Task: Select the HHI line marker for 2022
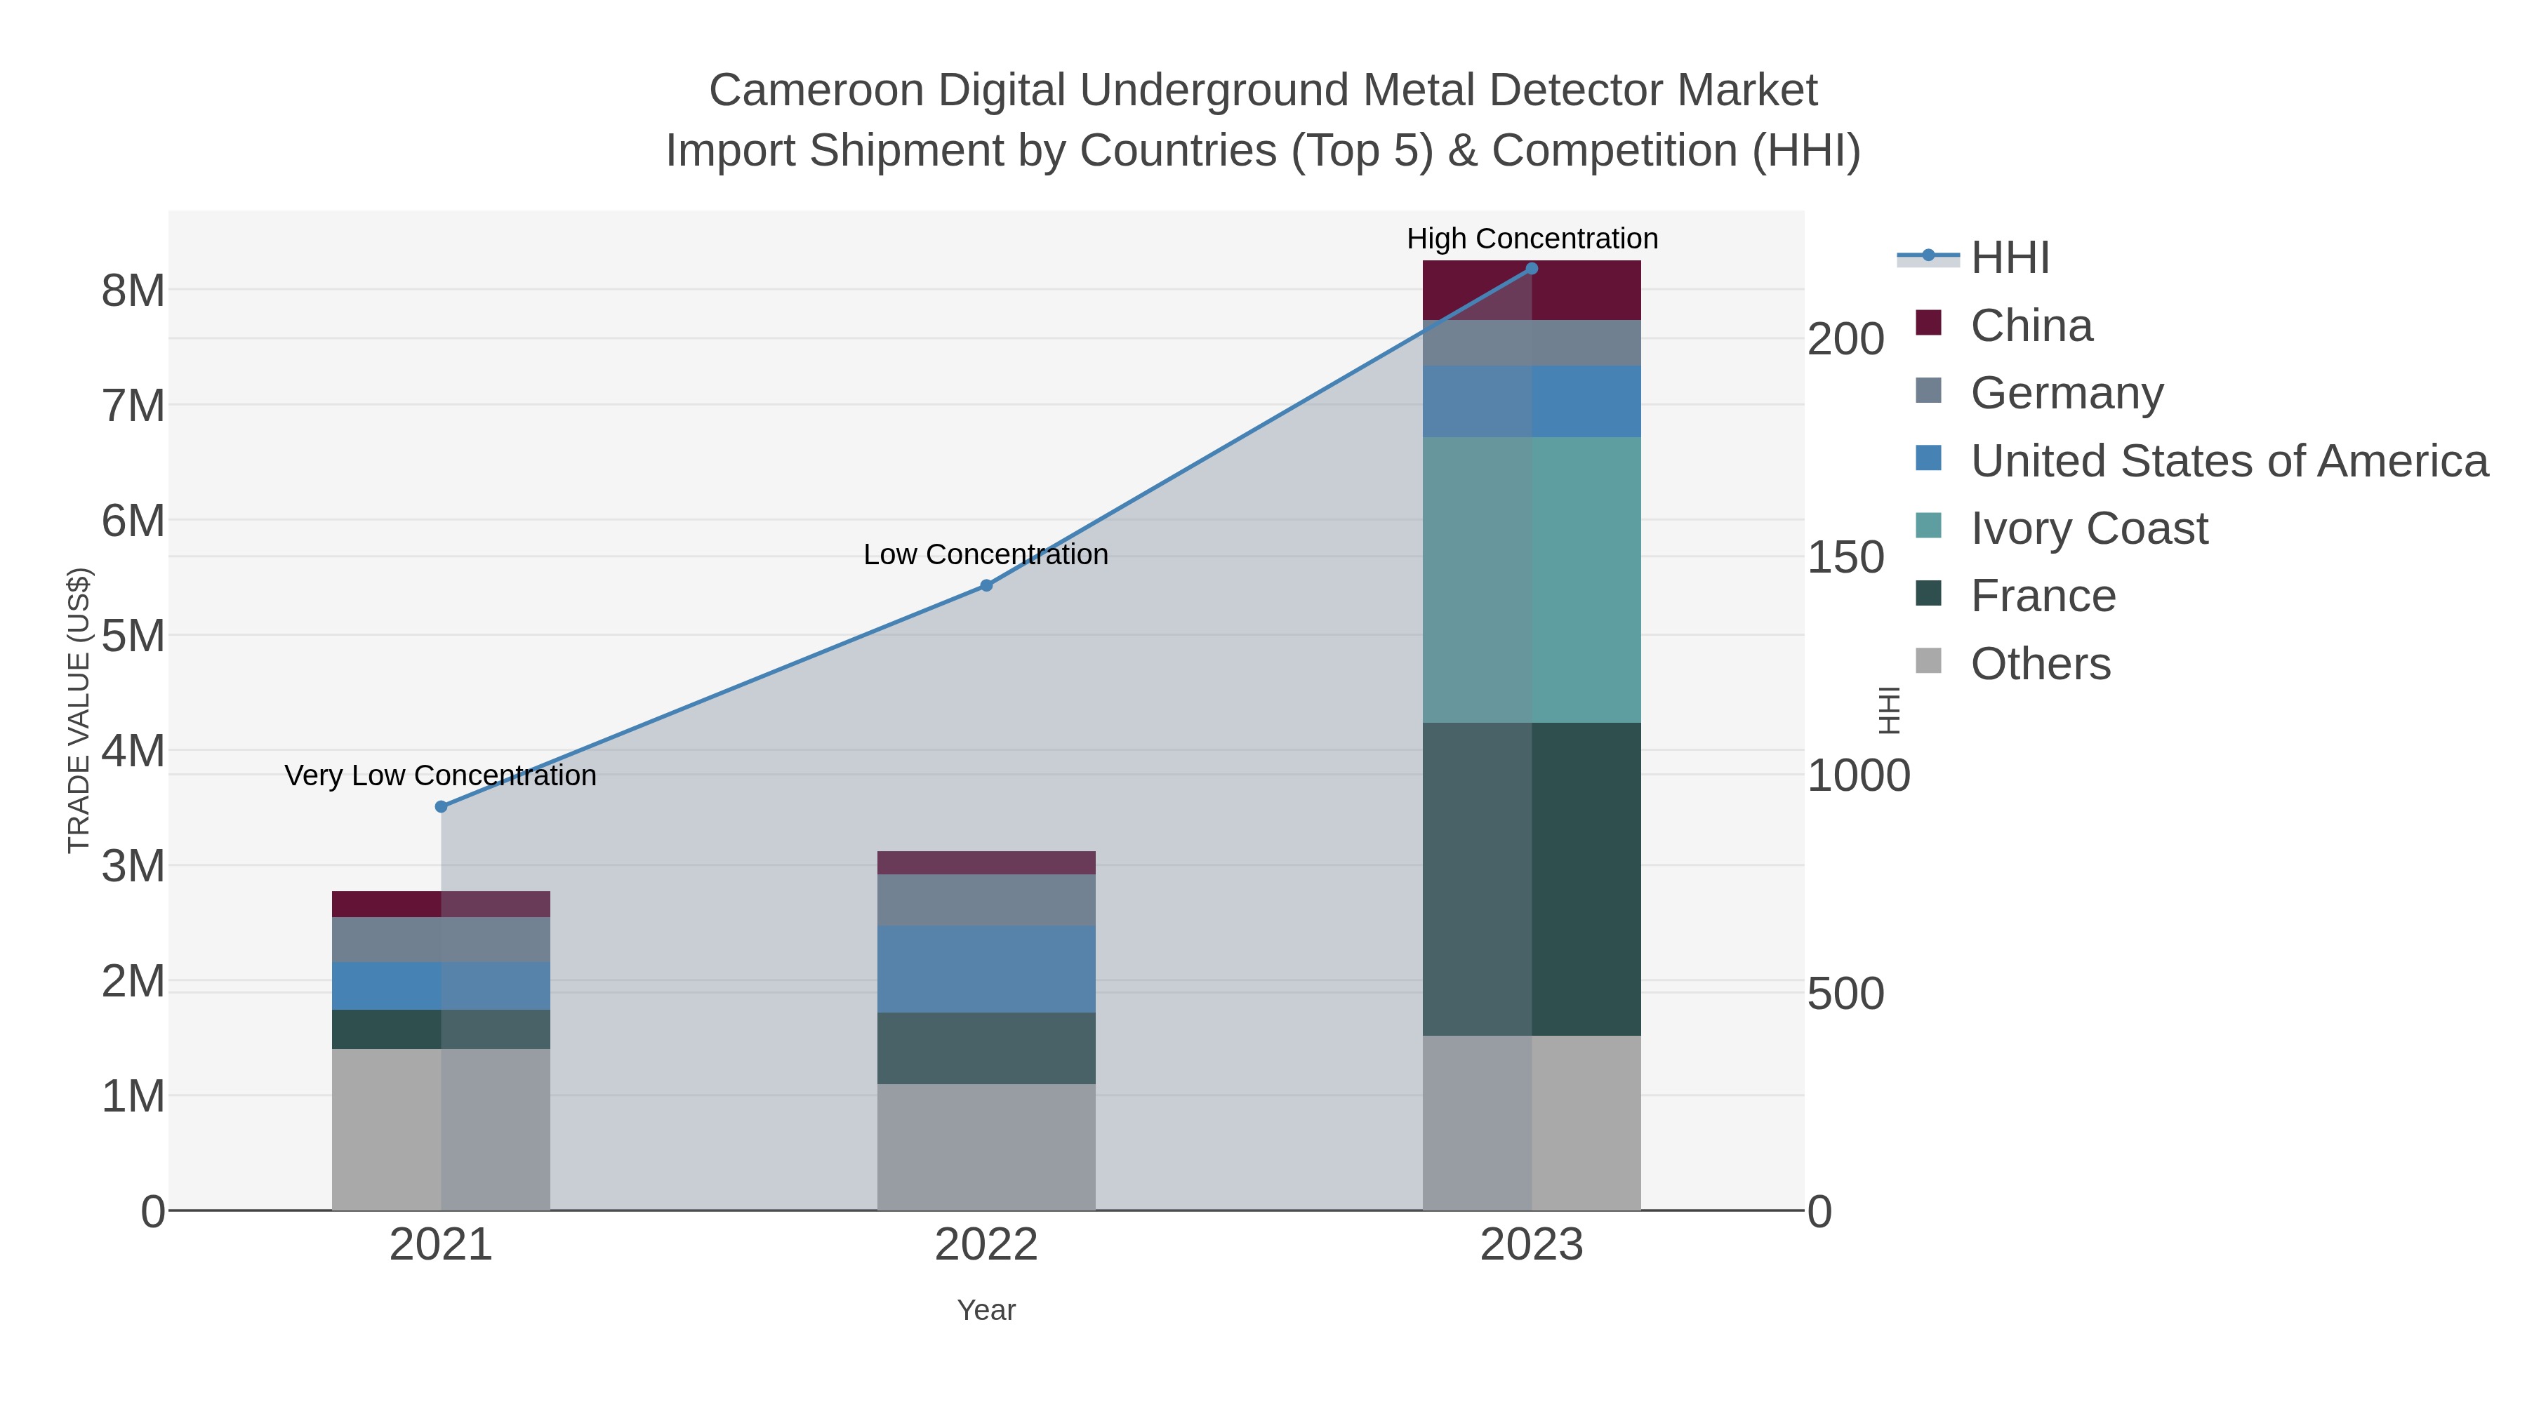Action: coord(986,585)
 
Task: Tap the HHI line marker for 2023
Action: coord(1532,269)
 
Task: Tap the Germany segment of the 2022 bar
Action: coord(986,900)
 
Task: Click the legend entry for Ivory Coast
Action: coord(2088,528)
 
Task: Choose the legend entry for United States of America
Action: coord(2228,461)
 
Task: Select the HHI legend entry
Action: coord(2009,258)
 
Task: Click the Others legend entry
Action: coord(2039,664)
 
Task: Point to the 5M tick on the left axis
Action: coord(133,636)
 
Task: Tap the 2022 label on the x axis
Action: coord(986,1246)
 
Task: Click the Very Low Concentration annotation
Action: coord(440,775)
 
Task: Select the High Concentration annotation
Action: coord(1532,239)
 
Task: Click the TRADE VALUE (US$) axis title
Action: coord(79,710)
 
